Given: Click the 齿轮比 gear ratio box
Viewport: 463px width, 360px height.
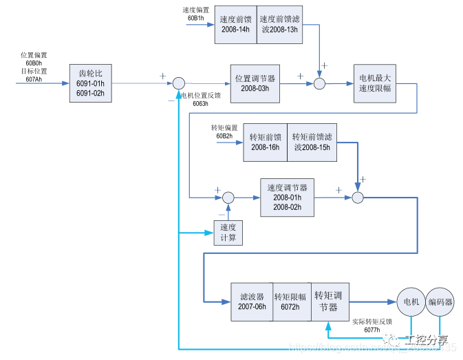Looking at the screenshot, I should (91, 83).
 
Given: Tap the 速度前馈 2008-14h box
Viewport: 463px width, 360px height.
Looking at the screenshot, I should (235, 24).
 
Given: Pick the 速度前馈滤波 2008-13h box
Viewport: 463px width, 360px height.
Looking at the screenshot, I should (279, 24).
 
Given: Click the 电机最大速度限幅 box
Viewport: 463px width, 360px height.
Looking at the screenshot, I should (374, 83).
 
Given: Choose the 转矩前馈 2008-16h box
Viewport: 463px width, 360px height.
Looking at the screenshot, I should (265, 141).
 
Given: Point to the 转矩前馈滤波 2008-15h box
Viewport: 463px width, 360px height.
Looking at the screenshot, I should (312, 141).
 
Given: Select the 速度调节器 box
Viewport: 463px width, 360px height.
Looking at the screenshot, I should (287, 197).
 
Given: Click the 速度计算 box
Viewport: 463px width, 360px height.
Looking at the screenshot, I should (228, 232).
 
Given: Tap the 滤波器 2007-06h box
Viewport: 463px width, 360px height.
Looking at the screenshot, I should (252, 301).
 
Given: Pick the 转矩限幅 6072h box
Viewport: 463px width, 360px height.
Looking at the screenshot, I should (292, 301).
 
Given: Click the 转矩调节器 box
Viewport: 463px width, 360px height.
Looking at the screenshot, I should (332, 301).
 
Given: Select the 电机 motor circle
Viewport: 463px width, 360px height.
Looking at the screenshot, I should (411, 301).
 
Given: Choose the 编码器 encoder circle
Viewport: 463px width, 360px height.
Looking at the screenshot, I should (440, 301).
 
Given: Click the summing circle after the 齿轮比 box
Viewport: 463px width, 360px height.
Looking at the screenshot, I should (178, 83).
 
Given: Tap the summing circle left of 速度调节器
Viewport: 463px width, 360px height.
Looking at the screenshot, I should (228, 198).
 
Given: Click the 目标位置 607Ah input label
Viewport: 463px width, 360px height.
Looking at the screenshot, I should (34, 75).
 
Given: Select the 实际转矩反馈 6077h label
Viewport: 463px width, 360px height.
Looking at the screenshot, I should (372, 325).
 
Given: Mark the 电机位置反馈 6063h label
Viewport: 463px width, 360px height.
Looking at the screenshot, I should (201, 98).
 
